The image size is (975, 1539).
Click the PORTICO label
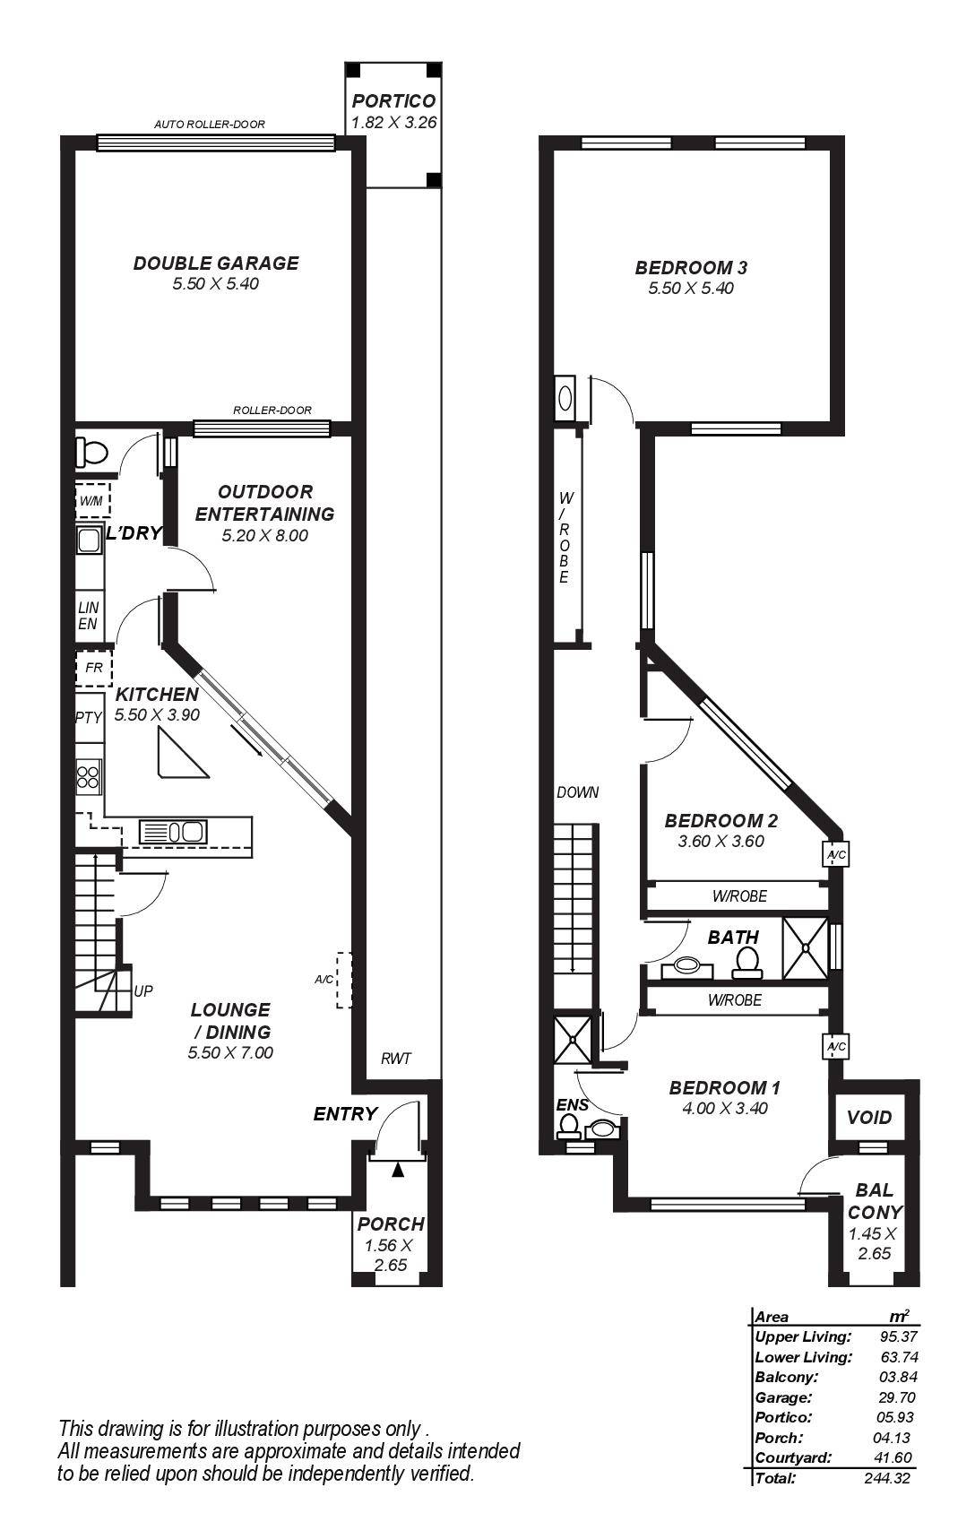coord(393,101)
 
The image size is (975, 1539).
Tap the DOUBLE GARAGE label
coord(216,264)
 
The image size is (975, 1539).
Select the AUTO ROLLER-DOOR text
coord(210,125)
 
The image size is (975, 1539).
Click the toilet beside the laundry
coord(91,452)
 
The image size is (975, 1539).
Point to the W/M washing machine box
coord(91,500)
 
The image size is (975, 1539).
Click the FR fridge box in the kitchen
coord(93,668)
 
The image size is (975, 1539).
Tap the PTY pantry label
coord(88,717)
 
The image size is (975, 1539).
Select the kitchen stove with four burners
coord(89,775)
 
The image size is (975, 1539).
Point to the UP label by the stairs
coord(143,991)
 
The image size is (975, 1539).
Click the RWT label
coord(395,1059)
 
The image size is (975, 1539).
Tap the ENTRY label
coord(345,1114)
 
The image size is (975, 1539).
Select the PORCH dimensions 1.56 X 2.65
coord(389,1255)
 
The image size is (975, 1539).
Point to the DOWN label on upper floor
coord(577,792)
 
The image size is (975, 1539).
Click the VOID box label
coord(870,1118)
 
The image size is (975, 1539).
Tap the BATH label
coord(733,938)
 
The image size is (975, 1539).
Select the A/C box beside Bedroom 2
coord(836,855)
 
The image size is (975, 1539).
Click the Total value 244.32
coord(887,1478)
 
